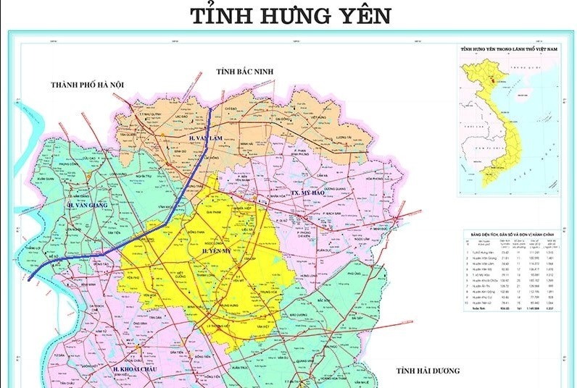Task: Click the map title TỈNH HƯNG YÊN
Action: [291, 16]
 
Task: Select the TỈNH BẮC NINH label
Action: [242, 70]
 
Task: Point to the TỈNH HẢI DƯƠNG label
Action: [428, 371]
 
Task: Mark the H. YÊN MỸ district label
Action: [217, 250]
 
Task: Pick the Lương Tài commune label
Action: [339, 136]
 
